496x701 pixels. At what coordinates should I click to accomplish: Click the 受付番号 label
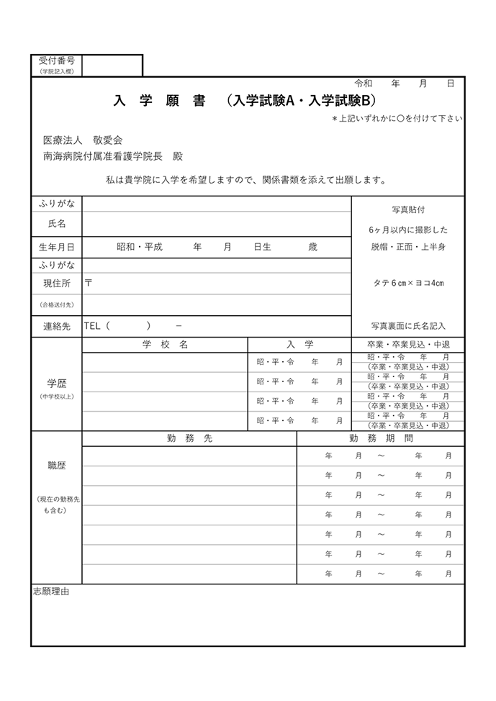56,61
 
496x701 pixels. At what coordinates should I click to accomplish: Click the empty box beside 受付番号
112,65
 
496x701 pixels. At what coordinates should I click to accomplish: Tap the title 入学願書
159,101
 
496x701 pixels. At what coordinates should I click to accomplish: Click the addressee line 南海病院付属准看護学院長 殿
113,155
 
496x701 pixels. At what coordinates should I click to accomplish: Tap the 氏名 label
56,224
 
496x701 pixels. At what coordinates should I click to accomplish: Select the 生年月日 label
56,247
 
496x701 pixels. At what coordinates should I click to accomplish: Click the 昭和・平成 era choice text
140,247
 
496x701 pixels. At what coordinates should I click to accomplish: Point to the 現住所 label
56,284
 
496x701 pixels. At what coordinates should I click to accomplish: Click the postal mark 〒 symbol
89,283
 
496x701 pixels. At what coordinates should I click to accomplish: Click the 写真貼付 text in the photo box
407,209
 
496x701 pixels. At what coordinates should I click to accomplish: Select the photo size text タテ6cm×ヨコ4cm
408,283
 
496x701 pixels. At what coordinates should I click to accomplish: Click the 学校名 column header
165,345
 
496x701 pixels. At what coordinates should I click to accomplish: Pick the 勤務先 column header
189,438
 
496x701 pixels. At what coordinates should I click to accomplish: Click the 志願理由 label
51,591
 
